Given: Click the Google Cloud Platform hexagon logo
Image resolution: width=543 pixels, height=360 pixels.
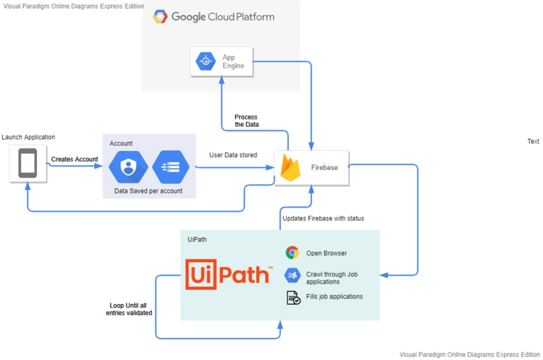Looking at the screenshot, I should pyautogui.click(x=160, y=17).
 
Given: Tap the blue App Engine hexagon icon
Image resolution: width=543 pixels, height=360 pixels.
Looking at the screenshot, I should pyautogui.click(x=205, y=62).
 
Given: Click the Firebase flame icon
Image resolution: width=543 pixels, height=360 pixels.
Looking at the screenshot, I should pyautogui.click(x=290, y=168).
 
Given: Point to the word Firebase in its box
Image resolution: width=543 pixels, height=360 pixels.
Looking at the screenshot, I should pyautogui.click(x=324, y=168).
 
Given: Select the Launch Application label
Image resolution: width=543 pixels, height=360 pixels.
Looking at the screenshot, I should pyautogui.click(x=28, y=138).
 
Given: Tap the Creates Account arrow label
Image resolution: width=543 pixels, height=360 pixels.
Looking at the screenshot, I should pyautogui.click(x=74, y=160).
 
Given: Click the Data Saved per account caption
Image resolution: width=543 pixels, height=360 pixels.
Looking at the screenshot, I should pyautogui.click(x=148, y=191).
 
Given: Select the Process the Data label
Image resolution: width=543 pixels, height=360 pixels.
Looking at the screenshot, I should pyautogui.click(x=246, y=121).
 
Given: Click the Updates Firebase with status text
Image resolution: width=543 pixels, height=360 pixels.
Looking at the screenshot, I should pyautogui.click(x=323, y=218).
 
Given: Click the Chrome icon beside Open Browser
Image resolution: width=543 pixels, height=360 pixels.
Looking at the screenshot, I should pyautogui.click(x=292, y=253).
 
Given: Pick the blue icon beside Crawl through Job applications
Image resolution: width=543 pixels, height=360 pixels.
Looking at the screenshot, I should pyautogui.click(x=292, y=275).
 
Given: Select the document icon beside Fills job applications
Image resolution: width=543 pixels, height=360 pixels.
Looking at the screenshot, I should pyautogui.click(x=293, y=297).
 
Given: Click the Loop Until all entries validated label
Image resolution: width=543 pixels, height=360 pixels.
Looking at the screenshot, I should pyautogui.click(x=129, y=309).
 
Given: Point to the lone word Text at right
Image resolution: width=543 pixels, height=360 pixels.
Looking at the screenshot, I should pyautogui.click(x=533, y=142).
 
